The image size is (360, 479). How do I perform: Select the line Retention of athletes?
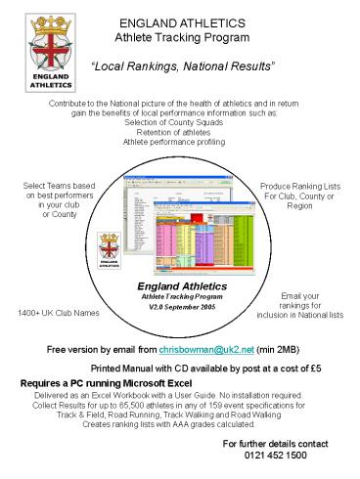click(179, 133)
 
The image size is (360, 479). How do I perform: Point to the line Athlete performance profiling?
click(179, 143)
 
